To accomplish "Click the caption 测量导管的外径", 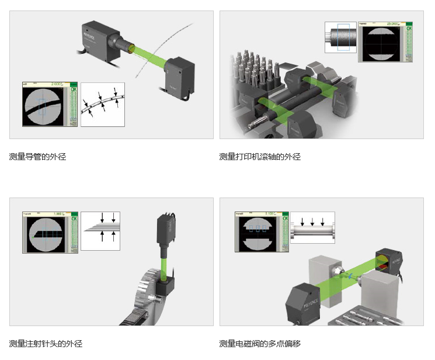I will click(x=38, y=157).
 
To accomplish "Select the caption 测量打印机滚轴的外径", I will click(x=260, y=157).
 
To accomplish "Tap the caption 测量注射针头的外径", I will click(x=46, y=344).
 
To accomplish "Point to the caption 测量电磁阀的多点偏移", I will click(x=260, y=344).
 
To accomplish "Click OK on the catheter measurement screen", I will click(x=74, y=90).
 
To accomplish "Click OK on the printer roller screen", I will click(x=409, y=28).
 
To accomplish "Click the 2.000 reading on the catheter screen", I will click(x=57, y=84).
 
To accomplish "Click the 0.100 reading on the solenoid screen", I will click(x=270, y=214).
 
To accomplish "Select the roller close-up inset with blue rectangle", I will click(x=340, y=39).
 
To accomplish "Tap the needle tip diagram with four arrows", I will click(x=100, y=230).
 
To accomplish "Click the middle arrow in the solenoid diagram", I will click(x=312, y=223).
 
